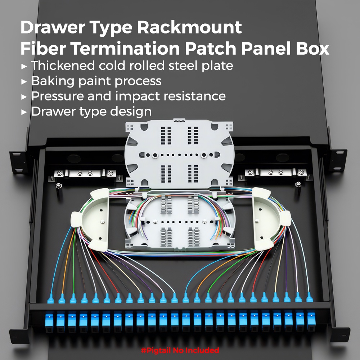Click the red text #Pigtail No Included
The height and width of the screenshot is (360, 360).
pos(180,350)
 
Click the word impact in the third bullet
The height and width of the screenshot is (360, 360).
pos(152,96)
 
